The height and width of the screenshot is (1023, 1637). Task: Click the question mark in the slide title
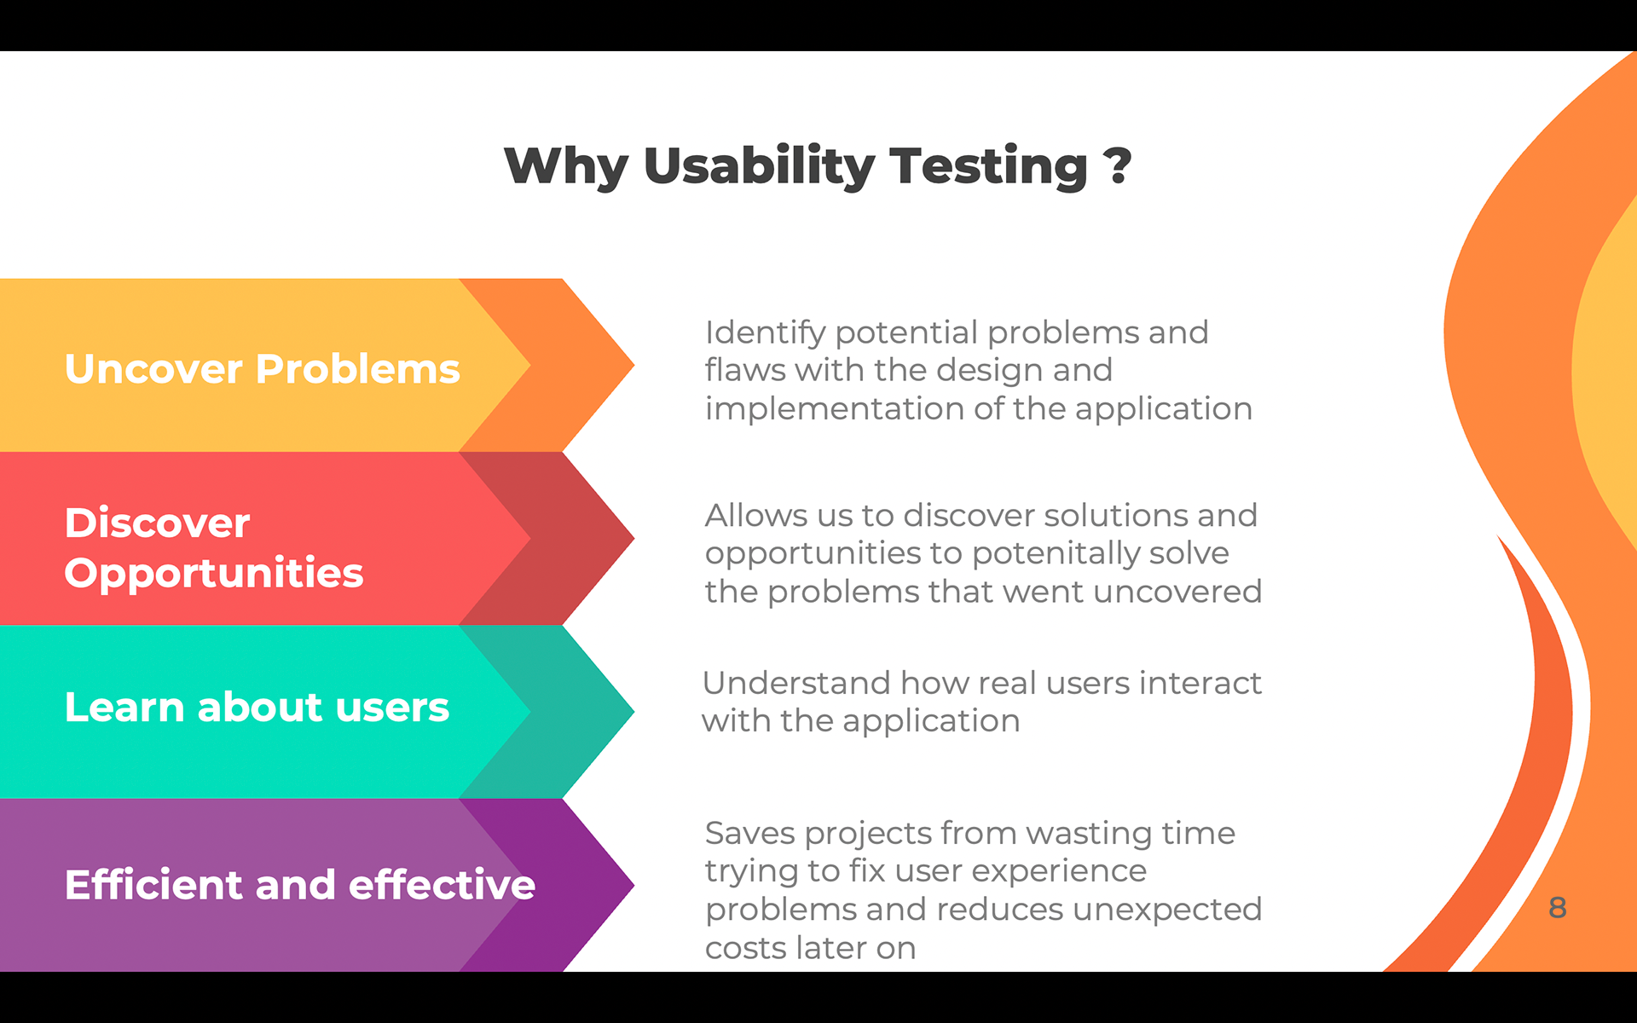pos(1116,165)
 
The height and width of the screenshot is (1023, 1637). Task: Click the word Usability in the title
pos(759,165)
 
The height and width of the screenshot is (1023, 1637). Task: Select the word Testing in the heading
pos(988,165)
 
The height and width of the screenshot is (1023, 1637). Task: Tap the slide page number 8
pos(1557,907)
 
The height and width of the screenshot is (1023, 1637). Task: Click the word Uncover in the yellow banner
pos(153,369)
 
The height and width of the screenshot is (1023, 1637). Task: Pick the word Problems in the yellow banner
pos(358,369)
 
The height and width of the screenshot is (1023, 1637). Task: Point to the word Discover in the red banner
pos(157,523)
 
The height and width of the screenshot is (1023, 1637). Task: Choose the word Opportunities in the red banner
pos(213,573)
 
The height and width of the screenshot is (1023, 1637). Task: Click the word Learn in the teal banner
pos(124,708)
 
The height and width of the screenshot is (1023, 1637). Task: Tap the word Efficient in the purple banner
pos(153,885)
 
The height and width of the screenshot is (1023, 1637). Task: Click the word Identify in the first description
pos(765,332)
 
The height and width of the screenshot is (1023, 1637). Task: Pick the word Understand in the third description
pos(795,683)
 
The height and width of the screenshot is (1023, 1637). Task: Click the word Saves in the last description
pos(749,833)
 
